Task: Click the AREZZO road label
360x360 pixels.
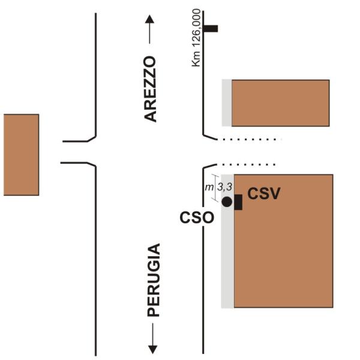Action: (x=151, y=89)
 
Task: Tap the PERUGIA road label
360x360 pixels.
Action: (x=154, y=280)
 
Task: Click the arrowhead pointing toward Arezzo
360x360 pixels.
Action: (x=149, y=20)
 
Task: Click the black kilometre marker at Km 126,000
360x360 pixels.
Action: (x=211, y=28)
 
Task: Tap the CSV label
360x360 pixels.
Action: (x=264, y=194)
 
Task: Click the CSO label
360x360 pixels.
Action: (x=197, y=217)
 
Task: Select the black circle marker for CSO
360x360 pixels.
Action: (x=227, y=202)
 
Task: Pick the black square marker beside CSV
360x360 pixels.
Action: (x=238, y=202)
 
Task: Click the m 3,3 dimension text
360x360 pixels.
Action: (x=215, y=187)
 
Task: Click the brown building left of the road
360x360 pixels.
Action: (x=21, y=155)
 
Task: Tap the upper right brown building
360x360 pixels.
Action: (x=280, y=103)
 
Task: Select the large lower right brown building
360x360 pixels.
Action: (x=283, y=241)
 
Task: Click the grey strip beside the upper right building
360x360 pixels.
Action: (x=227, y=103)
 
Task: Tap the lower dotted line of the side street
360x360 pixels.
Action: (x=247, y=164)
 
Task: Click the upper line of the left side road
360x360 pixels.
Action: (x=77, y=141)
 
